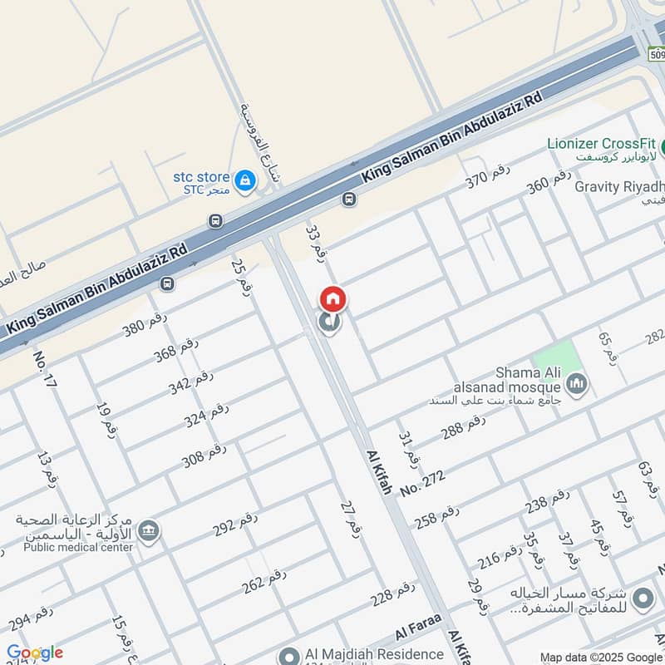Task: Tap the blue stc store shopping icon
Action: pos(244,180)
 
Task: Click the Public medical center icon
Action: pos(149,531)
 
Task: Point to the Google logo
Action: pos(35,653)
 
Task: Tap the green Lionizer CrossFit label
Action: pos(601,143)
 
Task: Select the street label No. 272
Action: pos(422,483)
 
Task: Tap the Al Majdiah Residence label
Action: pos(362,654)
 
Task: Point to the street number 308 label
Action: pos(204,456)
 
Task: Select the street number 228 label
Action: pos(392,594)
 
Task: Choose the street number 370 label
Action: pos(487,177)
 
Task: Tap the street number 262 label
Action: pos(264,580)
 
